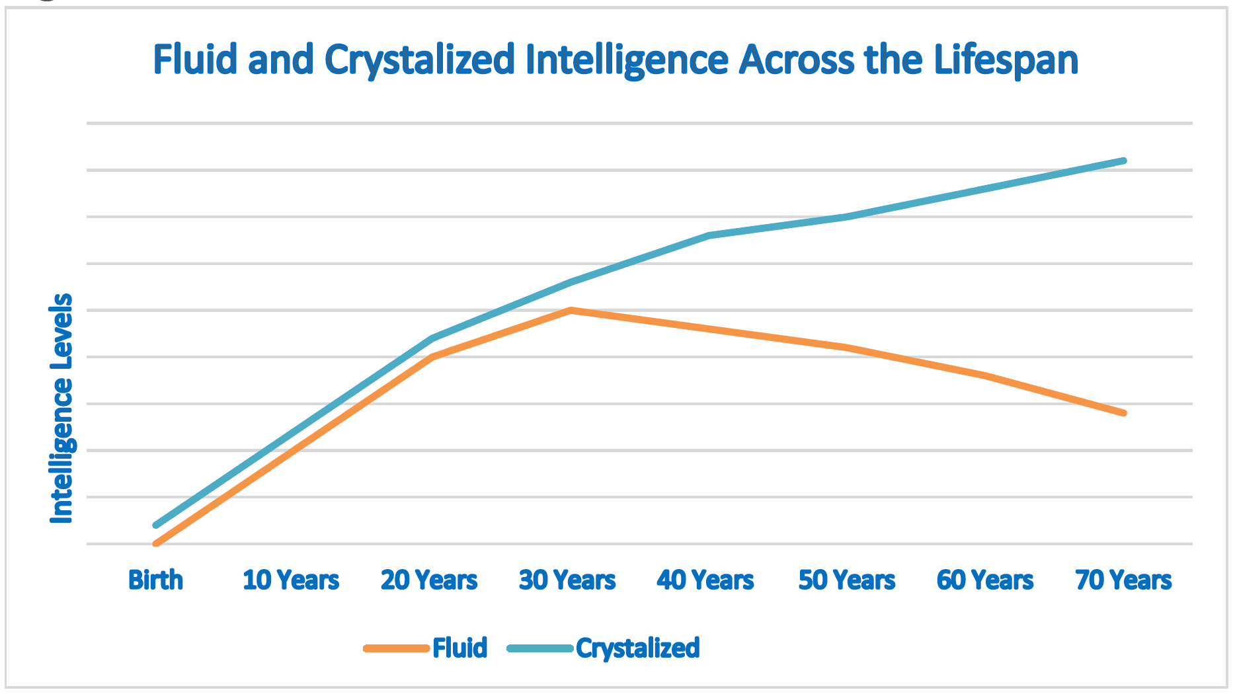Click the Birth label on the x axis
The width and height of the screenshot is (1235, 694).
tap(155, 580)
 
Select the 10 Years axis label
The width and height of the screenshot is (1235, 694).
tap(291, 580)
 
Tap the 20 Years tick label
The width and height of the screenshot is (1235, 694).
tap(429, 580)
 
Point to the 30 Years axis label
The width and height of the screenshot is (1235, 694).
tap(567, 580)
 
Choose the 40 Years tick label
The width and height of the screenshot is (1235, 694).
tap(705, 580)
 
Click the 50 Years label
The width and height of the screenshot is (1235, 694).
tap(847, 580)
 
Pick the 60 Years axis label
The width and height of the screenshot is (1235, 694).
tap(985, 580)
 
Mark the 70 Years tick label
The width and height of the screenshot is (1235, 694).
tap(1123, 580)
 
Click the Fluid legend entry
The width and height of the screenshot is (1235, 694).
tap(459, 648)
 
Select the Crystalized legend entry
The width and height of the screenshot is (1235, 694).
tap(637, 648)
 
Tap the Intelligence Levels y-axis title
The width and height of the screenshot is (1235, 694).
tap(61, 408)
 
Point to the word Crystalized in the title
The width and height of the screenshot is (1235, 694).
tap(420, 60)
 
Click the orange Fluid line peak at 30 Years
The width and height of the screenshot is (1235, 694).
tap(571, 310)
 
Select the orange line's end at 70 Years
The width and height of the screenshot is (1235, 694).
tap(1123, 413)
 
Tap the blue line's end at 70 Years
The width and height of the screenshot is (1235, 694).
tap(1123, 161)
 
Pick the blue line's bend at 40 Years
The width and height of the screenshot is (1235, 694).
tap(709, 235)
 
